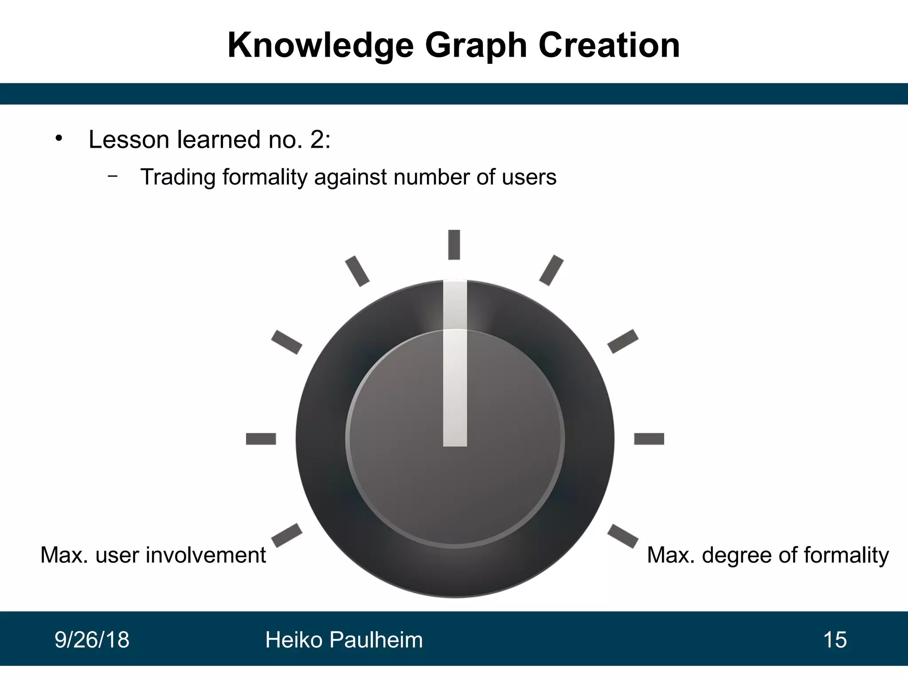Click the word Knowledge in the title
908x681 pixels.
coord(320,46)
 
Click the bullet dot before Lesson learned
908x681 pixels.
coord(59,138)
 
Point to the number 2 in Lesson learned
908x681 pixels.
coord(317,140)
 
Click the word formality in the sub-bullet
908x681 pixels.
coord(265,177)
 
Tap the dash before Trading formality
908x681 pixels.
coord(113,176)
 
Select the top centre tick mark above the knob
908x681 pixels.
coord(454,244)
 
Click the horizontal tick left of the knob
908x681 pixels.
coord(261,439)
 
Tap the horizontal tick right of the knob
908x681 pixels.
coord(649,439)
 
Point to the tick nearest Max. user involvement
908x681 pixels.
coord(286,535)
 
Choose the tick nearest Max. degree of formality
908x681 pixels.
coord(622,536)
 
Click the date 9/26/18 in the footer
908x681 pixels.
coord(92,640)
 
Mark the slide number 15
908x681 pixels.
coord(835,640)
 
